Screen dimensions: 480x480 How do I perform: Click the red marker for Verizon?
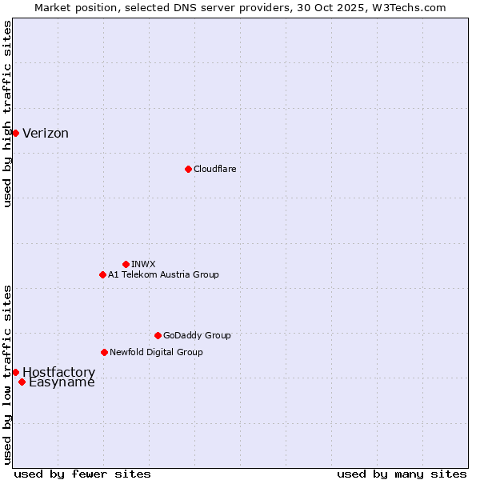[x=15, y=133]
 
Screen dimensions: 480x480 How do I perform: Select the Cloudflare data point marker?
[x=188, y=169]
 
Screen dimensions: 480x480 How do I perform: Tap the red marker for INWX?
[x=126, y=264]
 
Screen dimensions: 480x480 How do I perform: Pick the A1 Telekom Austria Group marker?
[x=102, y=274]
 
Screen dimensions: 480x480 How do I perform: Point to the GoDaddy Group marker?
[x=158, y=335]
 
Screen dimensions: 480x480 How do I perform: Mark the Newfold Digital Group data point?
[x=104, y=352]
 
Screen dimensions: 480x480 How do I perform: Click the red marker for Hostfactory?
[x=15, y=372]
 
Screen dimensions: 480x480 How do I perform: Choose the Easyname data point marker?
[x=22, y=382]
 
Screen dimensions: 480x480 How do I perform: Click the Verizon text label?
[x=46, y=134]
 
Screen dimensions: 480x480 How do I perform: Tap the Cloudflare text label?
[x=214, y=169]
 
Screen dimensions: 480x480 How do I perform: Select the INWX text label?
[x=143, y=264]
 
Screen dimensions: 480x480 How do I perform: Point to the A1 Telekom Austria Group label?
[x=163, y=274]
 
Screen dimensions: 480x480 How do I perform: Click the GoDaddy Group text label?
[x=197, y=335]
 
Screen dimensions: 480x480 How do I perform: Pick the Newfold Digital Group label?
[x=156, y=352]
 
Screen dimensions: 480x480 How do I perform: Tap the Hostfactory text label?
[x=58, y=372]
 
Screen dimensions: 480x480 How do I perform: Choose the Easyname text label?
[x=62, y=382]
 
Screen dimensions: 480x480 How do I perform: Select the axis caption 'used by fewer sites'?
[x=82, y=474]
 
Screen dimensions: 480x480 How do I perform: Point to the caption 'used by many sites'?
[x=402, y=474]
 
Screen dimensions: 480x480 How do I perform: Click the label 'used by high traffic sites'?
[x=7, y=114]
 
